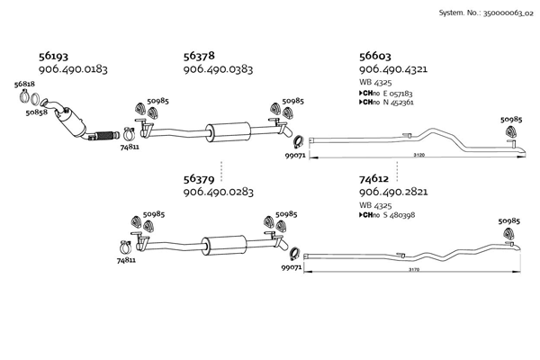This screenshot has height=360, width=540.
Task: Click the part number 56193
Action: [x=53, y=56]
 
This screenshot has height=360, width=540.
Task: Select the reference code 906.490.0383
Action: [x=218, y=69]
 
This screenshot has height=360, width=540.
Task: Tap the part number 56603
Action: [x=375, y=56]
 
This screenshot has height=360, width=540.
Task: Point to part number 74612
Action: [x=373, y=179]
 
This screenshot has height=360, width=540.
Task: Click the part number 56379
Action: [x=199, y=179]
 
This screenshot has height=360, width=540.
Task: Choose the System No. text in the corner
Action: [x=486, y=13]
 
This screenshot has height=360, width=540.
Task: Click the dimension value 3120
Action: [x=418, y=155]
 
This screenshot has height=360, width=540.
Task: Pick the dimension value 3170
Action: [x=414, y=270]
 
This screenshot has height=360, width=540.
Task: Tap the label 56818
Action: [x=24, y=84]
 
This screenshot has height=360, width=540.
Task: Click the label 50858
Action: [x=36, y=112]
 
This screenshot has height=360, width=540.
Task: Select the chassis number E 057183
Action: [x=398, y=94]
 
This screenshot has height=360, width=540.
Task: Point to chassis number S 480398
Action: [x=399, y=215]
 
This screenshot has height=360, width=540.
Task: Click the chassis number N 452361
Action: [x=398, y=103]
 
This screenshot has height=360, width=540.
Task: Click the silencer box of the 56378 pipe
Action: [x=228, y=131]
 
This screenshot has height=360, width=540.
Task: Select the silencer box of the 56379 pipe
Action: [x=224, y=246]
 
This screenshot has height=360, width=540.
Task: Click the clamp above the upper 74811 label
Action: [x=129, y=134]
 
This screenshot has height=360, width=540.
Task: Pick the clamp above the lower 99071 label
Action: [x=294, y=254]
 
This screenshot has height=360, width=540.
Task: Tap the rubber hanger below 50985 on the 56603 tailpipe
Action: [x=511, y=130]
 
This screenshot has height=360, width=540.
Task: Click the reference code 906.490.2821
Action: [x=393, y=192]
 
